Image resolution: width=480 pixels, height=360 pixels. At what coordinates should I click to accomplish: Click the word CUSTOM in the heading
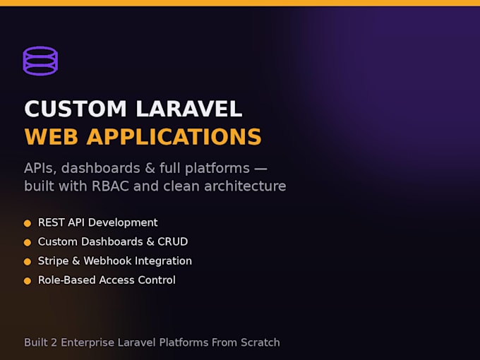pyautogui.click(x=76, y=109)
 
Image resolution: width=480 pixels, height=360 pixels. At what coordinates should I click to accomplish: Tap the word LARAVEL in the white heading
pyautogui.click(x=189, y=109)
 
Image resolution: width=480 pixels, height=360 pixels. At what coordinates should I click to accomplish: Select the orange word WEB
pyautogui.click(x=51, y=136)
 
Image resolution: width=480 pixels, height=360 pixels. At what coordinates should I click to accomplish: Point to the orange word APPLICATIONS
pyautogui.click(x=174, y=136)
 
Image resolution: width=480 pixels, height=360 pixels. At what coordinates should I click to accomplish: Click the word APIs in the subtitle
pyautogui.click(x=40, y=169)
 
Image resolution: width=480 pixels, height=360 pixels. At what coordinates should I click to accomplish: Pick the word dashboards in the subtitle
pyautogui.click(x=101, y=168)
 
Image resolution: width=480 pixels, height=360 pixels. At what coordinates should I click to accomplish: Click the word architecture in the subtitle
pyautogui.click(x=245, y=186)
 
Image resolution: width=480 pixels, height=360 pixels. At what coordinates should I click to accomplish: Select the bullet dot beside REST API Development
pyautogui.click(x=28, y=224)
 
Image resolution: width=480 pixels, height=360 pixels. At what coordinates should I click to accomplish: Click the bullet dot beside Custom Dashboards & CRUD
pyautogui.click(x=28, y=242)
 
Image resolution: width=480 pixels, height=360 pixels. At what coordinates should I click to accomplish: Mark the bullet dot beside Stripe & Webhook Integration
pyautogui.click(x=28, y=262)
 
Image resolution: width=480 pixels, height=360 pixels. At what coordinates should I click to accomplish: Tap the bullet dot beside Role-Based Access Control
pyautogui.click(x=28, y=281)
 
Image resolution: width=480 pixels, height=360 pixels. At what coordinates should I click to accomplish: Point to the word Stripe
pyautogui.click(x=53, y=261)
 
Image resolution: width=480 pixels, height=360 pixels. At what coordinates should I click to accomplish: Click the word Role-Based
pyautogui.click(x=67, y=280)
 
